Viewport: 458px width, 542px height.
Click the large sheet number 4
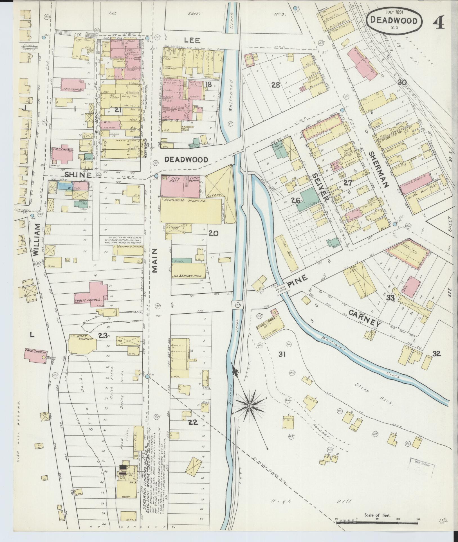(438, 22)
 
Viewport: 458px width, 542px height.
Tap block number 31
(282, 354)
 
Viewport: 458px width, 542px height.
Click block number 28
(275, 85)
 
